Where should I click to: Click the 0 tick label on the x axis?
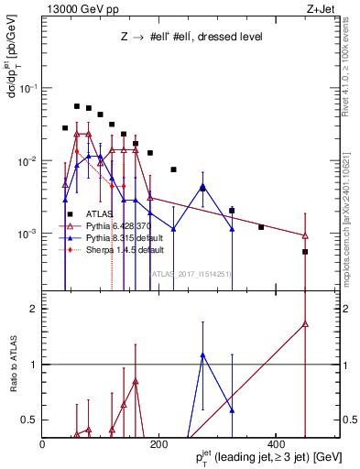point(42,444)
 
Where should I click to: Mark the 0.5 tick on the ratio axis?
point(31,419)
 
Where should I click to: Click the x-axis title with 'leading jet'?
point(263,456)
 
